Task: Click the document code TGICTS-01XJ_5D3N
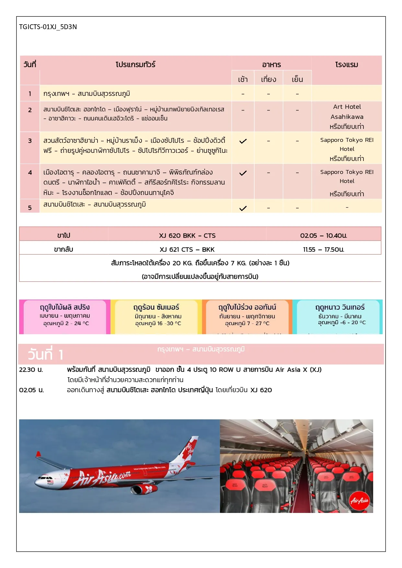(48, 27)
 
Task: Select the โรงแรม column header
(347, 65)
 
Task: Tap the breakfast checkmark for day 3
(243, 141)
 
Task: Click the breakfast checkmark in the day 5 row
(243, 208)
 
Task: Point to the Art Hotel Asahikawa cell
(347, 116)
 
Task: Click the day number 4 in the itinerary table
(30, 173)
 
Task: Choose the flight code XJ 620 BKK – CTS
(187, 236)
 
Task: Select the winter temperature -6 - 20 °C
(342, 323)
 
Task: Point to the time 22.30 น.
(31, 370)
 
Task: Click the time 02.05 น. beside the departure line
(31, 390)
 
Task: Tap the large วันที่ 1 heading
(45, 355)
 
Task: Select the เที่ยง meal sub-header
(269, 79)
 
